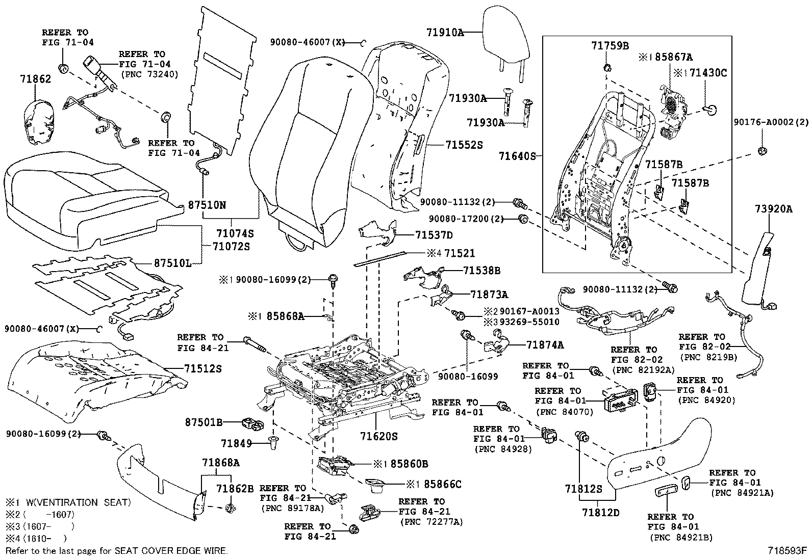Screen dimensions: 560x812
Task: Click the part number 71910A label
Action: pos(445,32)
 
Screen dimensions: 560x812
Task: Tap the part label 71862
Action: pos(36,79)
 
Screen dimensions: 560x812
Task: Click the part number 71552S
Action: pos(464,145)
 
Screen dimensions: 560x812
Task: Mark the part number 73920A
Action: pos(774,208)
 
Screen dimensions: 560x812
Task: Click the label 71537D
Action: pos(434,235)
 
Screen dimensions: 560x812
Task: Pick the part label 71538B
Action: pos(482,271)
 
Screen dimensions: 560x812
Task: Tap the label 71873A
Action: pos(489,294)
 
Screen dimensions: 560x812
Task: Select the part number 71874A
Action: pos(545,345)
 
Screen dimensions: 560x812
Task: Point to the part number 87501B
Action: pos(204,422)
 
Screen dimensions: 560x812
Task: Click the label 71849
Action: pos(237,443)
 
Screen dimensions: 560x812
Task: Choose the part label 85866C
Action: pos(443,484)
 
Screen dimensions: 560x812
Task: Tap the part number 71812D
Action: pos(601,512)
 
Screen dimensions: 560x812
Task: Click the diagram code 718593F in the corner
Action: pos(788,551)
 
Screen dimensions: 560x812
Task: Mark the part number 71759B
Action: pos(610,46)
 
